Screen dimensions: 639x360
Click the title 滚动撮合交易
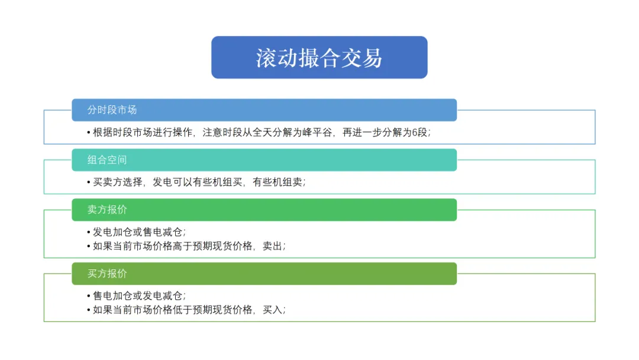pyautogui.click(x=319, y=58)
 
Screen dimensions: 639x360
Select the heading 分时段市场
pyautogui.click(x=112, y=110)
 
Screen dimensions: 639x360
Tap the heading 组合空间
pyautogui.click(x=107, y=160)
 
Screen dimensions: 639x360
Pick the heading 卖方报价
pyautogui.click(x=107, y=210)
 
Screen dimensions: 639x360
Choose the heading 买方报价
pyautogui.click(x=107, y=274)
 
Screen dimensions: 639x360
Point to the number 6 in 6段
pyautogui.click(x=414, y=133)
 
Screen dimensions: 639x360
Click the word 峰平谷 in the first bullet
pyautogui.click(x=318, y=133)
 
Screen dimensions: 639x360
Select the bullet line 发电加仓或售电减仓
pyautogui.click(x=137, y=232)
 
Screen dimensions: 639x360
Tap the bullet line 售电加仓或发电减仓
pyautogui.click(x=137, y=296)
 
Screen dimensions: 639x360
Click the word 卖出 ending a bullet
pyautogui.click(x=272, y=246)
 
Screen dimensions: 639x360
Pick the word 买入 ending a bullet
pyautogui.click(x=272, y=310)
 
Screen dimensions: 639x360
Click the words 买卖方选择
pyautogui.click(x=117, y=182)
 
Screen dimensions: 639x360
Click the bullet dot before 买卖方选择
pyautogui.click(x=88, y=182)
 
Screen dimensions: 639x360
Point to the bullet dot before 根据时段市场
pyautogui.click(x=88, y=133)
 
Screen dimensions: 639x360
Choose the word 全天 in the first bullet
pyautogui.click(x=263, y=133)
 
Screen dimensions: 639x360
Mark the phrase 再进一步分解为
pyautogui.click(x=377, y=133)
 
